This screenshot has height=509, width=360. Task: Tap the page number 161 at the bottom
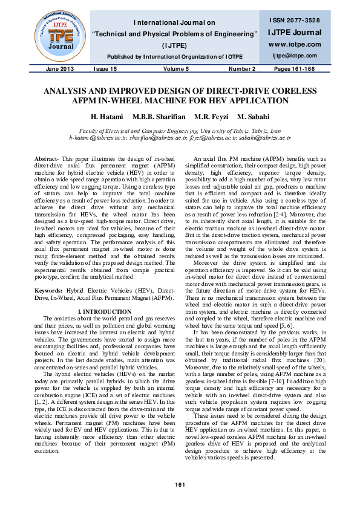180,485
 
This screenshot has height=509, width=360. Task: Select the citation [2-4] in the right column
278,213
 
